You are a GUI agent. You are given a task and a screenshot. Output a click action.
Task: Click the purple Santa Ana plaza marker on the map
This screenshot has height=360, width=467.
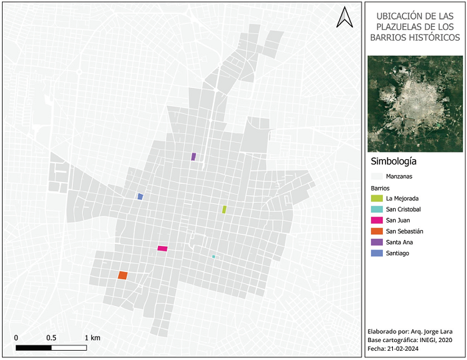tap(193, 157)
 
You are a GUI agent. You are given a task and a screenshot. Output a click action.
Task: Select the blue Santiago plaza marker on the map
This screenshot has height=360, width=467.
tap(140, 197)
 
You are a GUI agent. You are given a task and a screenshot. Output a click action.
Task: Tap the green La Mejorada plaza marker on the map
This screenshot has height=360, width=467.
tap(224, 209)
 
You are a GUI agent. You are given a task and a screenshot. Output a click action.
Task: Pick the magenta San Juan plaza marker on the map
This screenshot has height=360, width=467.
tap(162, 249)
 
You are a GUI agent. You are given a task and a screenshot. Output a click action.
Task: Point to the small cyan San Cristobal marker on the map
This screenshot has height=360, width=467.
tap(213, 257)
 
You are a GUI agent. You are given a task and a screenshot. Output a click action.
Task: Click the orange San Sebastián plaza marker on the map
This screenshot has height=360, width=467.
tap(123, 275)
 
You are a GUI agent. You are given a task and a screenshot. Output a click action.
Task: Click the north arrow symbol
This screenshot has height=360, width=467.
tap(345, 17)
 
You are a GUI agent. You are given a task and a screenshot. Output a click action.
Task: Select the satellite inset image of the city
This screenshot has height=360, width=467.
tap(414, 103)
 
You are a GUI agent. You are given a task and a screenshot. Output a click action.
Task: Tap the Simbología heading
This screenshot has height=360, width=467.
tap(393, 162)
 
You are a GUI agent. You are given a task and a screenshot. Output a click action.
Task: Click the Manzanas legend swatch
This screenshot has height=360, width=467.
tap(376, 177)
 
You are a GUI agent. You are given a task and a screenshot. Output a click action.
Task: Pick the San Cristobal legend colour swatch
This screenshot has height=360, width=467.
tap(376, 209)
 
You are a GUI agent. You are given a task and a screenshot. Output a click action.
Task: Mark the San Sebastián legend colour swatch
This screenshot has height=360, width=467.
tap(376, 231)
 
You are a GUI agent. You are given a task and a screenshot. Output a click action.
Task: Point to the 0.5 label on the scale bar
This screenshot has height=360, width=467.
tap(51, 337)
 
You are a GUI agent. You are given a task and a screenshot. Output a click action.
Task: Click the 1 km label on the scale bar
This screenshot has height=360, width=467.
tap(92, 337)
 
